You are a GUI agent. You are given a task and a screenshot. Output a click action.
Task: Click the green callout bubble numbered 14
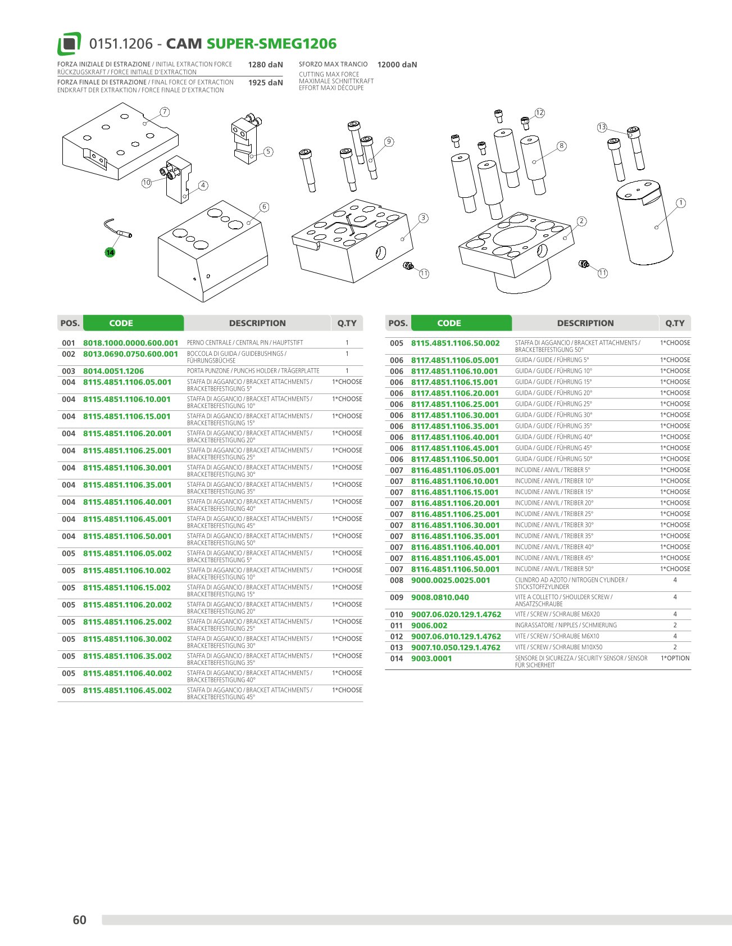tap(110, 252)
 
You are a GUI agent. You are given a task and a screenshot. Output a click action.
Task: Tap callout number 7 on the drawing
tap(165, 112)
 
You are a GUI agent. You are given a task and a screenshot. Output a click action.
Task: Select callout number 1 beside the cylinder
tap(681, 203)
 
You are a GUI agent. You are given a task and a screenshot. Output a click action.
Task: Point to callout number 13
tap(602, 127)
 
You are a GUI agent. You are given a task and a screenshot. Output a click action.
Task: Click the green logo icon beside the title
tap(69, 44)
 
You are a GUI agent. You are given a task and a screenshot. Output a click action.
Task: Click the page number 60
tap(80, 920)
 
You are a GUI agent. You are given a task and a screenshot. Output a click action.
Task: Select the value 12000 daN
tap(397, 65)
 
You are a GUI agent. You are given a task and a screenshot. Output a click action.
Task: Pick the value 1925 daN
tap(266, 83)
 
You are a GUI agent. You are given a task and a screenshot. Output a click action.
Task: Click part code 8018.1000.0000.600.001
tap(130, 343)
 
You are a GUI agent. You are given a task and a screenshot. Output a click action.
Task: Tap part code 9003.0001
tap(431, 658)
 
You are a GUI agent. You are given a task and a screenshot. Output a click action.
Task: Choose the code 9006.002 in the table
tap(429, 625)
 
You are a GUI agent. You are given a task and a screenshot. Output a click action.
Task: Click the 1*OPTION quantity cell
tap(675, 658)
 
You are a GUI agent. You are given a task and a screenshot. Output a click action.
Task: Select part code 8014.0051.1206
tap(113, 371)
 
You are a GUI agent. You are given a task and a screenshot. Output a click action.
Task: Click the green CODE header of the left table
tap(121, 323)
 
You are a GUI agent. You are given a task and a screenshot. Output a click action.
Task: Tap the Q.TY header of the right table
tap(675, 323)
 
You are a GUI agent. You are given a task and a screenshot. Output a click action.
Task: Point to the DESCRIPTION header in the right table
tap(585, 323)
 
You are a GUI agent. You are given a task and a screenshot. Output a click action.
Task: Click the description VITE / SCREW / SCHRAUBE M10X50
tap(558, 647)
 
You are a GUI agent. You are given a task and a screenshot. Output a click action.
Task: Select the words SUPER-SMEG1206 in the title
tap(272, 44)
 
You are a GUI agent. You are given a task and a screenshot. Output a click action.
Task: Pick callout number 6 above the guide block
tap(264, 207)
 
